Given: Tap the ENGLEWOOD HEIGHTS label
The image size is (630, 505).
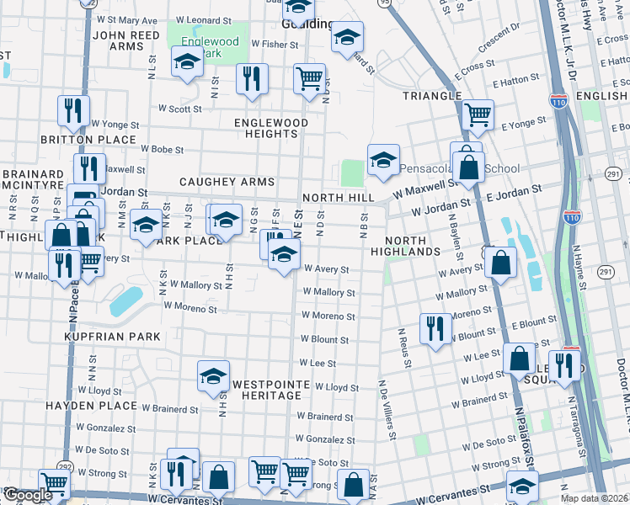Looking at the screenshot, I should point(271,129).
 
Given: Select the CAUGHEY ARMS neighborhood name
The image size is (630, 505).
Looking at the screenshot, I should point(227,182).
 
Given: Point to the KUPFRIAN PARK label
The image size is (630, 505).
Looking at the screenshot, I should point(111,337).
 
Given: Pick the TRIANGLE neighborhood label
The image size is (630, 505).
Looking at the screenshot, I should point(432,96).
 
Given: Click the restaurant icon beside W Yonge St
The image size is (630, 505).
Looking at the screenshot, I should point(73,110).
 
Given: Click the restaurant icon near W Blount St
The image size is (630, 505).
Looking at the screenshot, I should point(434,327).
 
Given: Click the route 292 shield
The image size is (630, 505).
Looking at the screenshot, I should point(66,466).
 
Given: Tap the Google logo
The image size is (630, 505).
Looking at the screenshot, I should point(27,496).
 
